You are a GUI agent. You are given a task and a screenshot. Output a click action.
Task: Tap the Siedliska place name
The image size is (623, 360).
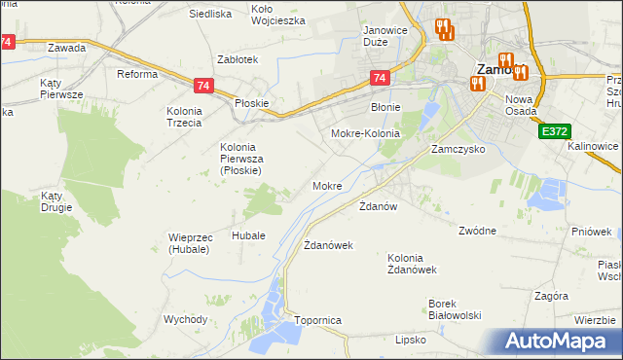coord(209,15)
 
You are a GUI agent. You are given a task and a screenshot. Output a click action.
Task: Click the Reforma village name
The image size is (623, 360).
coord(137,74)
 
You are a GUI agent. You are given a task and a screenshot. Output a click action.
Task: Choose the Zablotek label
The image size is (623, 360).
coord(238,59)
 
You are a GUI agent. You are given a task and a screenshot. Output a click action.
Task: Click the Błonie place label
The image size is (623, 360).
coord(386,108)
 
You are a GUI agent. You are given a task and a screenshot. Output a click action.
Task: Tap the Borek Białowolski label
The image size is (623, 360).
coord(456,308)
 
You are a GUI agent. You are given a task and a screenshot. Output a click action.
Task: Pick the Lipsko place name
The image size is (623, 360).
coord(412,340)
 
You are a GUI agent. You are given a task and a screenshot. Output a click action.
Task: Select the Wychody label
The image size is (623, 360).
coord(185,319)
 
